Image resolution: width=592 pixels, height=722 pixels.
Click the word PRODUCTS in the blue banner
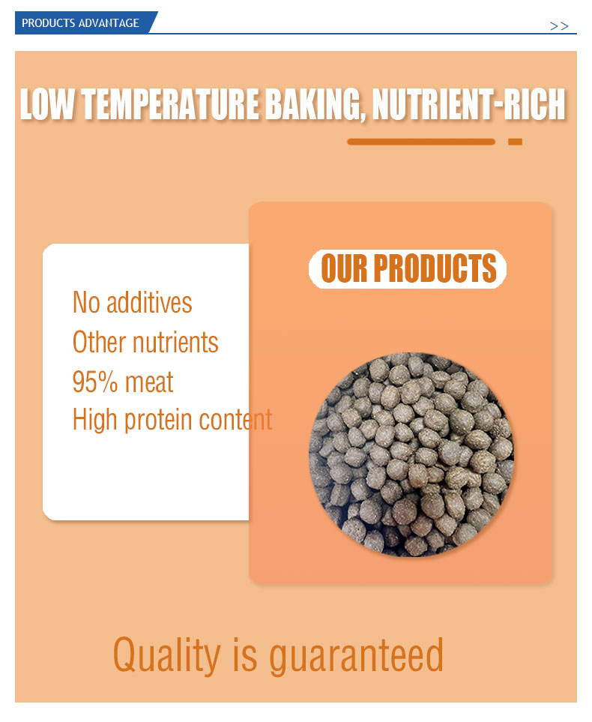49,23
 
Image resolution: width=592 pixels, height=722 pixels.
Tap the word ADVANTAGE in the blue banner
109,23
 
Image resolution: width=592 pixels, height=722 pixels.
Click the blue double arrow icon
559,26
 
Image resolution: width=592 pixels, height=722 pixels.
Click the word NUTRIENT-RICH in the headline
468,104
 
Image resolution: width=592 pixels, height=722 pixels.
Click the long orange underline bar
421,142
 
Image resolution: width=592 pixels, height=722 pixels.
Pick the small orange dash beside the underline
515,142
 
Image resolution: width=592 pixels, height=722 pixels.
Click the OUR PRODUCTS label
408,268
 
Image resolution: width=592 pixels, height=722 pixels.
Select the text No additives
133,303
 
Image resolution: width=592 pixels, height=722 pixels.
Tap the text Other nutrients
145,342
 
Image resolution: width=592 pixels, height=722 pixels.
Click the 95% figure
95,382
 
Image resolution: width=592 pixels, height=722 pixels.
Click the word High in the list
95,420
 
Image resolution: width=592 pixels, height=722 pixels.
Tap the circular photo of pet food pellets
411,454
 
